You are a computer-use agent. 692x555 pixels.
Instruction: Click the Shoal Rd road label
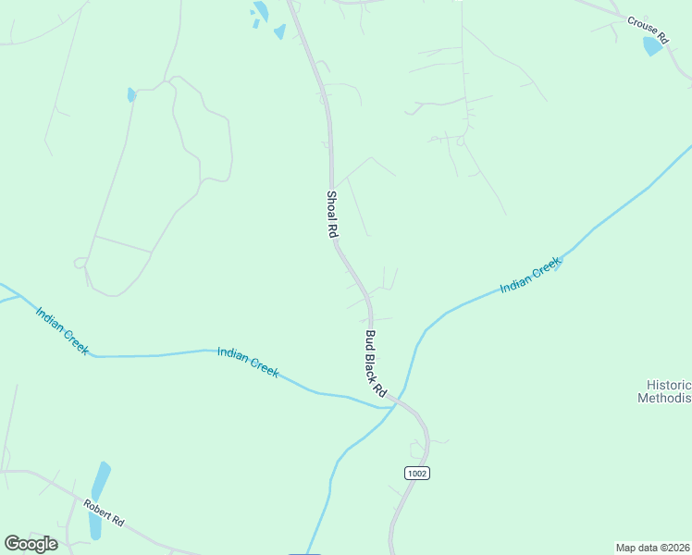coord(330,216)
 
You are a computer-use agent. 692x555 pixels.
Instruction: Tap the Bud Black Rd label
coord(375,364)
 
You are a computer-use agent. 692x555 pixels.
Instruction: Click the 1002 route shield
coord(417,473)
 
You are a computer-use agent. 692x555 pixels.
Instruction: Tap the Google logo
coord(31,544)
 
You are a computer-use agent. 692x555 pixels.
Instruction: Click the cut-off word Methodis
coord(664,399)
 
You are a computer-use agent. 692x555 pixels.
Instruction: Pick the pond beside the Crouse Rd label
coord(654,45)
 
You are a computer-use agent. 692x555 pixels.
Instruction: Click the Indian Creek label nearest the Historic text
coord(530,276)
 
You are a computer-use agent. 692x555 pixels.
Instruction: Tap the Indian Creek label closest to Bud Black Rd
coord(248,361)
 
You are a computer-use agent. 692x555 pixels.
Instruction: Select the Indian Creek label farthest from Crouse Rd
coord(62,330)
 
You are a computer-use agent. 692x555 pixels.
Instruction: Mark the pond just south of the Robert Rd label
coord(94,525)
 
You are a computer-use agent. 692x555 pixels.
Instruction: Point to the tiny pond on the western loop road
coord(131,94)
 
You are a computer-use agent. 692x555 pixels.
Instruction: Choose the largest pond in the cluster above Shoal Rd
coord(261,12)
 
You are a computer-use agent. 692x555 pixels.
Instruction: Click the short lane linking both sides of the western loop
coord(122,243)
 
